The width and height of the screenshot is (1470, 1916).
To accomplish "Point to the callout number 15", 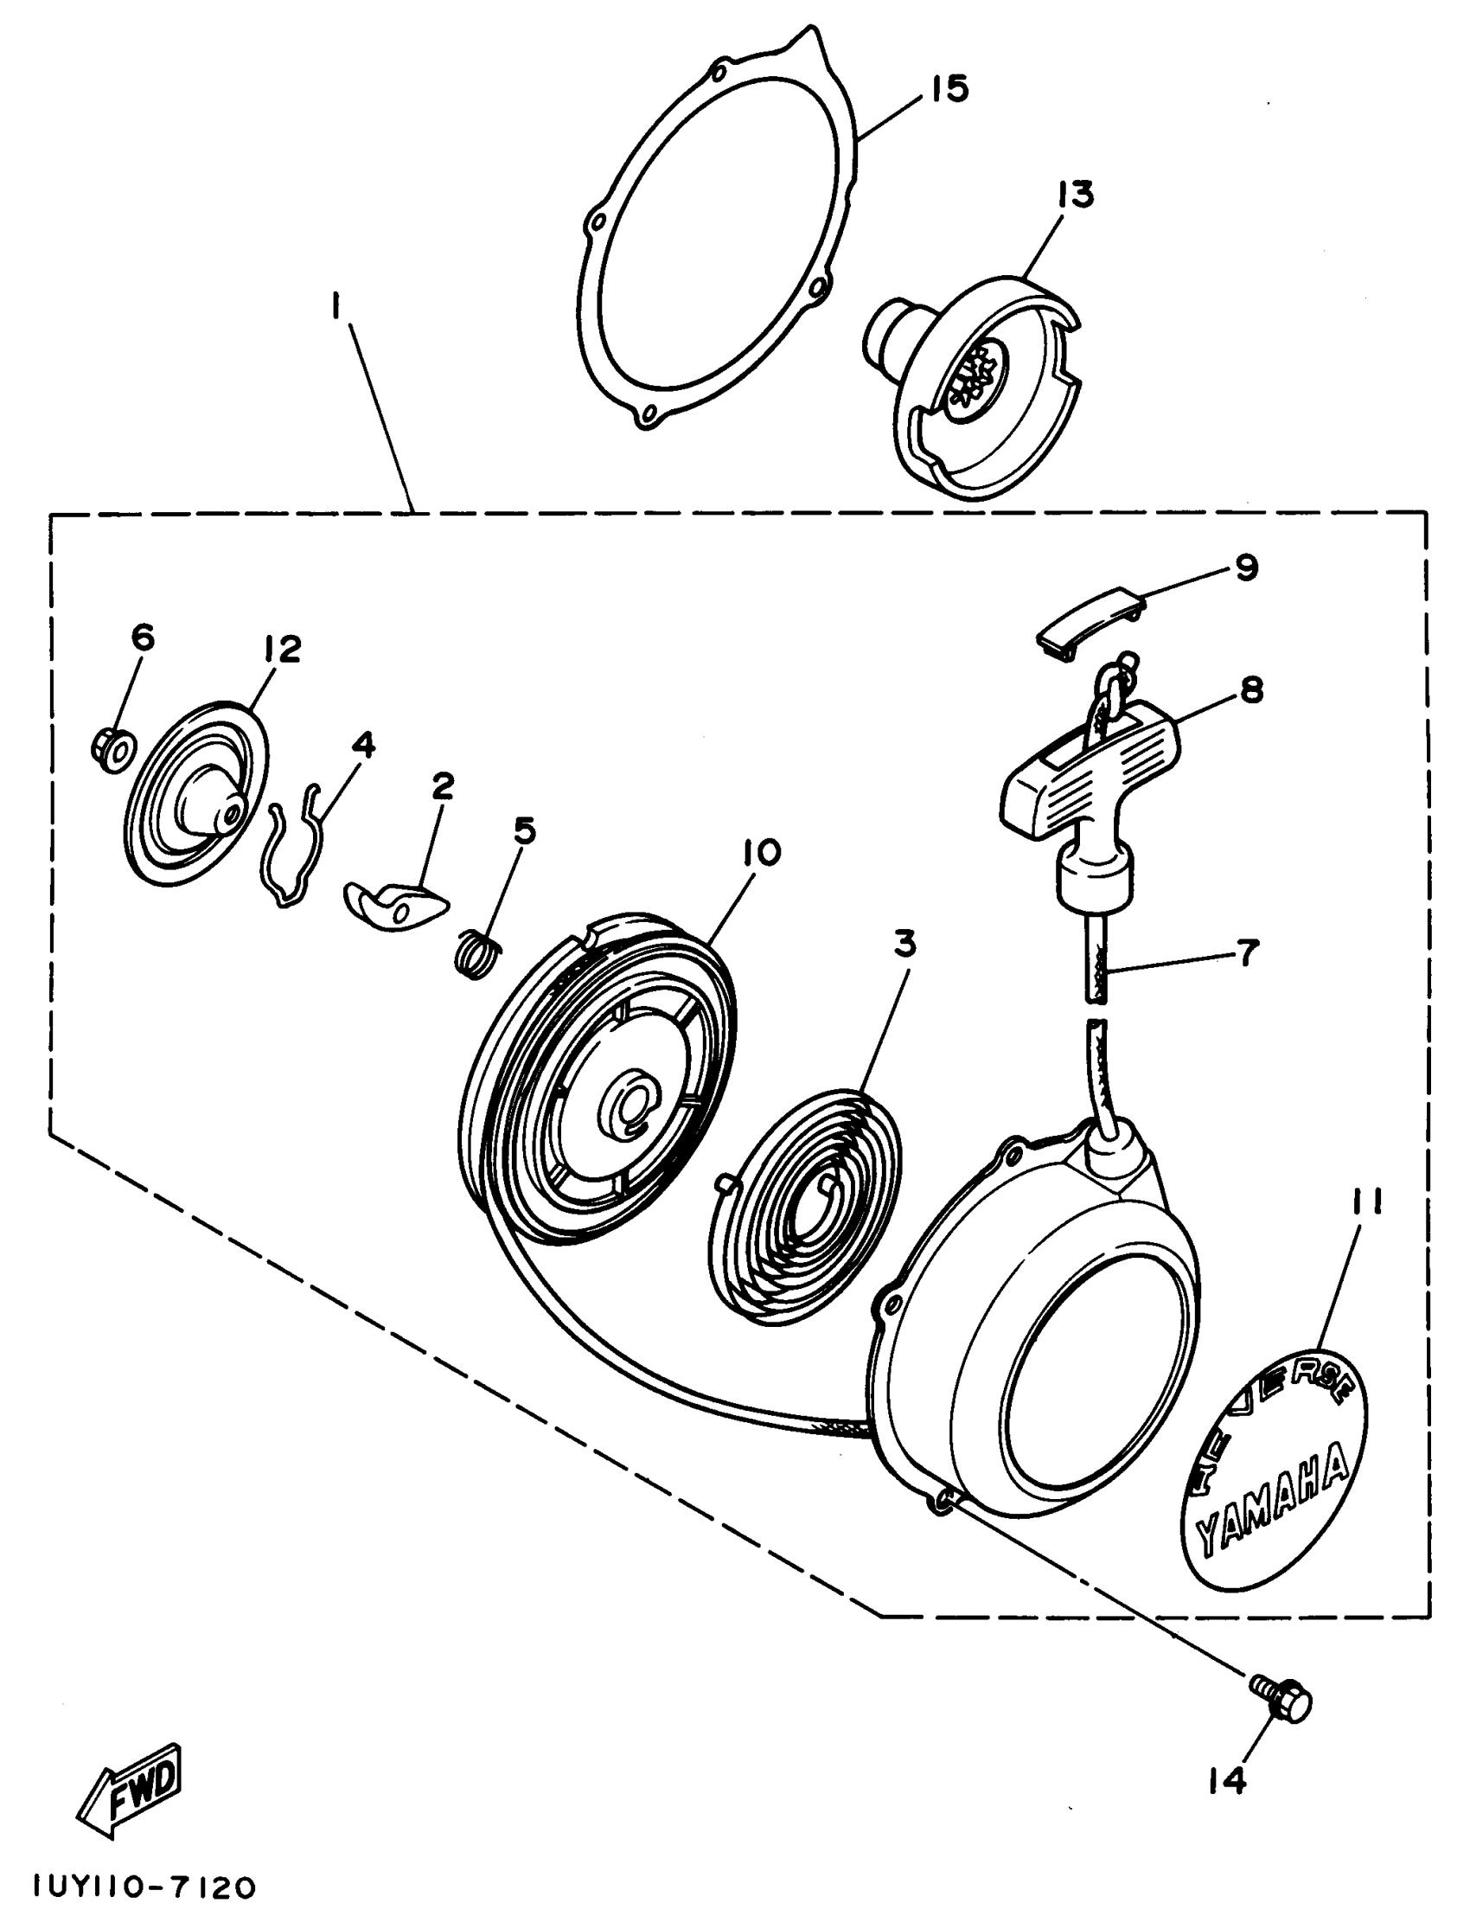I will click(x=949, y=88).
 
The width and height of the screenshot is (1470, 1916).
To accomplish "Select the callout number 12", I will click(x=280, y=649).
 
